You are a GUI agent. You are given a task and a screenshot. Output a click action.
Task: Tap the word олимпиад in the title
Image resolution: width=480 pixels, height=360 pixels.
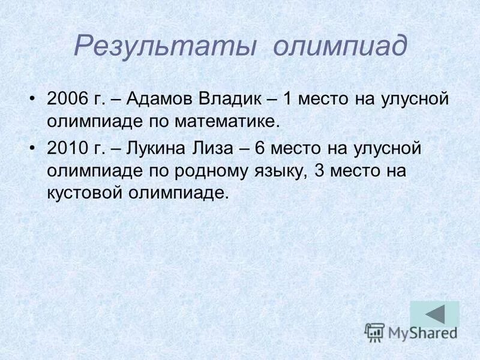339,46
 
